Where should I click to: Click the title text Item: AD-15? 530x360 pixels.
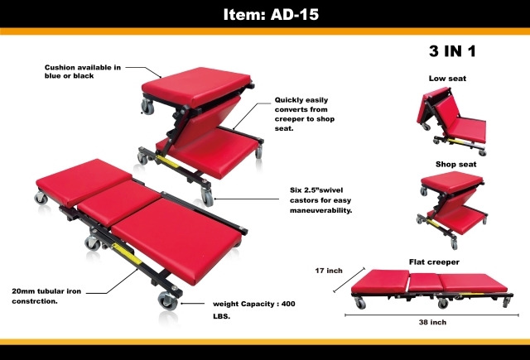click(x=271, y=15)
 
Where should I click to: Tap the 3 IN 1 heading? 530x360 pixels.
click(x=452, y=51)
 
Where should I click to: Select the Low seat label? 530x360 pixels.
click(x=447, y=79)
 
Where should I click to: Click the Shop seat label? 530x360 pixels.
click(x=455, y=164)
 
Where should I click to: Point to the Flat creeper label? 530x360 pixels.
click(x=434, y=262)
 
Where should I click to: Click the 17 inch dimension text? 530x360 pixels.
click(x=329, y=271)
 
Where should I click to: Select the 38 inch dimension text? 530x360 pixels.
click(x=432, y=322)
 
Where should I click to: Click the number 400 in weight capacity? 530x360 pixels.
click(x=288, y=304)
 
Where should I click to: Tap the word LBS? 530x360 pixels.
click(x=221, y=316)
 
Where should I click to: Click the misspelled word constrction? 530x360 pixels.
click(x=35, y=301)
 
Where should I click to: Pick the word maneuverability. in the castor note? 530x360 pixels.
click(x=320, y=210)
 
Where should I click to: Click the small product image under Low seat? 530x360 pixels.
click(x=451, y=120)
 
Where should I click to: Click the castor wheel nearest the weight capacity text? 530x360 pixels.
click(x=167, y=300)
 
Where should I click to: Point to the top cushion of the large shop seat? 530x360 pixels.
click(x=196, y=86)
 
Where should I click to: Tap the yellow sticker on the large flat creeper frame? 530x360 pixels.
click(x=127, y=253)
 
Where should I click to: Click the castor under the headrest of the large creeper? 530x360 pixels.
click(x=41, y=198)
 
